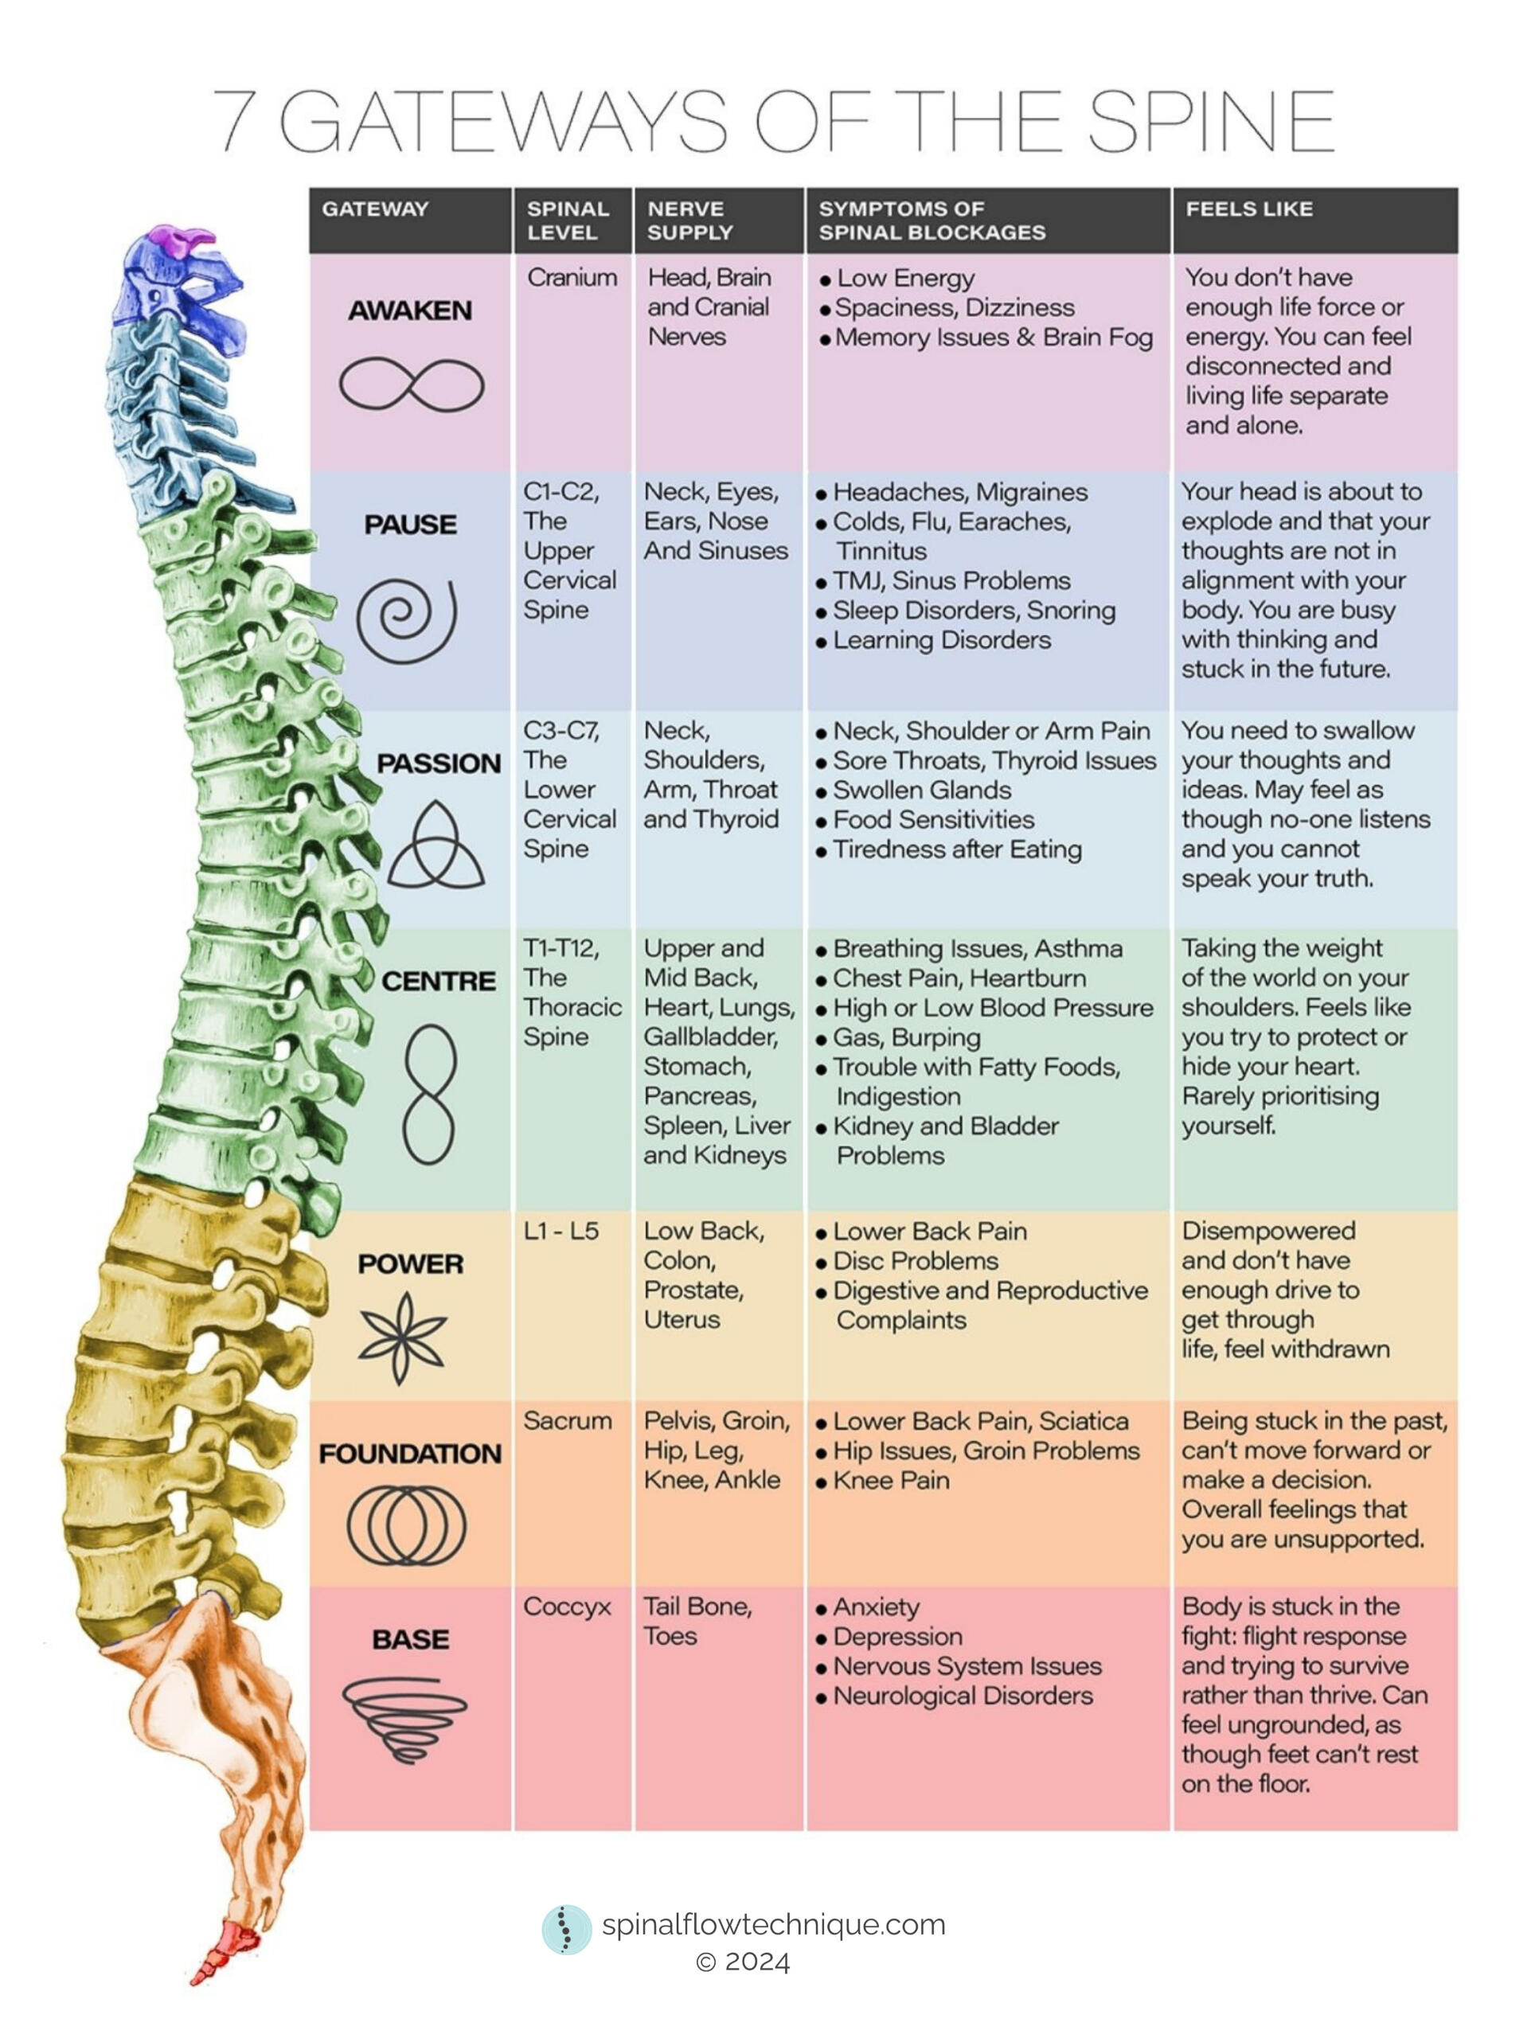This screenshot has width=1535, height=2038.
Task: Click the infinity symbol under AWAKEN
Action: point(411,385)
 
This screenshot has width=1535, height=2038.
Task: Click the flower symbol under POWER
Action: point(403,1337)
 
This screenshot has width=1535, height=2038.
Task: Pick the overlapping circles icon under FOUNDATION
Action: point(406,1525)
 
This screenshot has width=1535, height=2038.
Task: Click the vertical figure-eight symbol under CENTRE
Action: point(429,1095)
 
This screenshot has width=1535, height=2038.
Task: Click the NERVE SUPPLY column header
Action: point(689,221)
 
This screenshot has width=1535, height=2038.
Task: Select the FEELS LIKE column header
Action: point(1248,209)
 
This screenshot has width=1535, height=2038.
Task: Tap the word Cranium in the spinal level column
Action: point(572,277)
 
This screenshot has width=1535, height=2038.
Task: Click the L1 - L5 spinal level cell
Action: point(560,1230)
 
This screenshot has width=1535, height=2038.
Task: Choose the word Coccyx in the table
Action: point(567,1607)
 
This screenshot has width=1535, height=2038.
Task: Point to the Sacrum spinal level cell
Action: point(567,1421)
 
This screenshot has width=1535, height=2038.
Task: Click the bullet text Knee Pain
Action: point(890,1481)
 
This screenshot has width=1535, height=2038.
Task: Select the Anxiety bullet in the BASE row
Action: point(875,1608)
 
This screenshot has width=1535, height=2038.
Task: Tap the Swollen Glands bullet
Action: point(921,791)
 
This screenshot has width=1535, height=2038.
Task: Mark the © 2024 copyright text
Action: point(743,1962)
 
